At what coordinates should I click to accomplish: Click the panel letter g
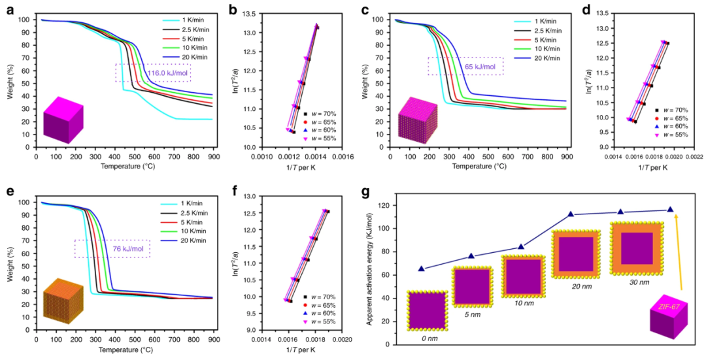(x=367, y=194)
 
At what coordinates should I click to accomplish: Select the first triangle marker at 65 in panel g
(x=422, y=269)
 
